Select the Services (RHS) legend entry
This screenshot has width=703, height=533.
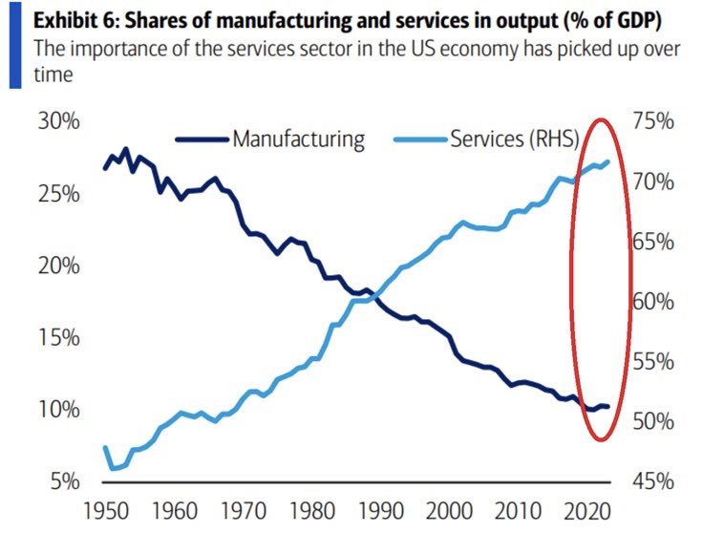[513, 139]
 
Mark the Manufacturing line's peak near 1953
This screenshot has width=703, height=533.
[126, 149]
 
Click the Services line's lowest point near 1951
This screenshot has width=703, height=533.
[113, 468]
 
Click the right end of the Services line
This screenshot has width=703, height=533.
[609, 160]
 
